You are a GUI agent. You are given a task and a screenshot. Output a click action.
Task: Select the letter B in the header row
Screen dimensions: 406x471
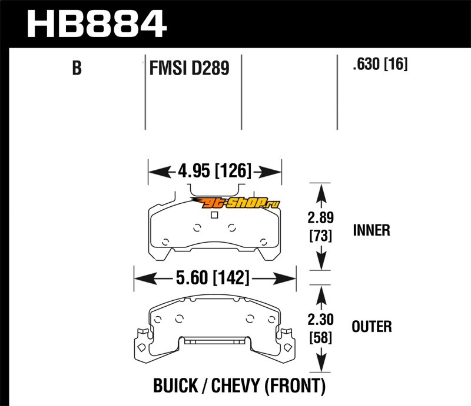77,69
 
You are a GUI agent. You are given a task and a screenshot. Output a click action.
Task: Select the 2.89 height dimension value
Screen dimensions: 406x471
321,218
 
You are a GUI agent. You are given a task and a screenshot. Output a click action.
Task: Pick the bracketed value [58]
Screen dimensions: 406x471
321,339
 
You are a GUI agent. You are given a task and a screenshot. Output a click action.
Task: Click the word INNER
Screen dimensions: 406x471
372,230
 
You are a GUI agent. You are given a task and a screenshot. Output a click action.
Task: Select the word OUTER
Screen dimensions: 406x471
372,326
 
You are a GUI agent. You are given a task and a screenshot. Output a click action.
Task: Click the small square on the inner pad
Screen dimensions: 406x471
214,215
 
